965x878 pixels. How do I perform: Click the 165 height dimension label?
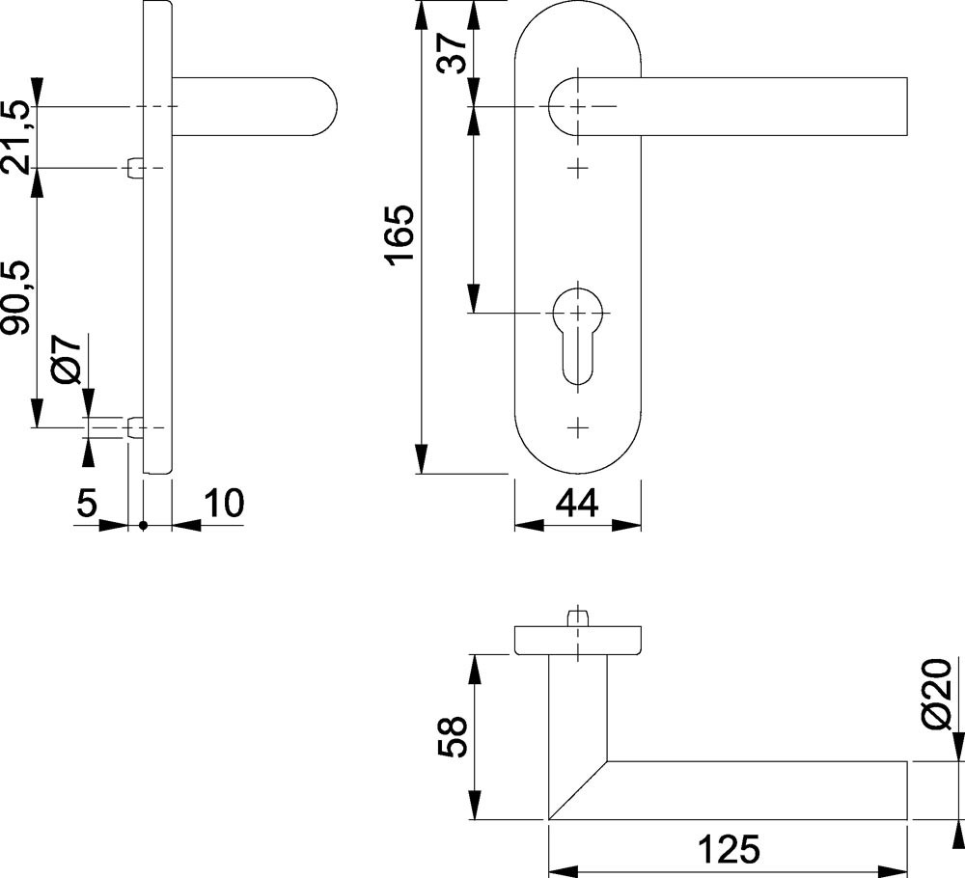(x=400, y=235)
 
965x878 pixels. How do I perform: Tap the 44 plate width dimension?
(x=577, y=504)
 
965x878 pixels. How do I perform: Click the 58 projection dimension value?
(x=453, y=736)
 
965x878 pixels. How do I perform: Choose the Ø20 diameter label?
(x=937, y=694)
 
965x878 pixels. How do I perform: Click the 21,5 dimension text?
(x=15, y=138)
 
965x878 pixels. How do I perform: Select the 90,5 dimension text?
(x=15, y=298)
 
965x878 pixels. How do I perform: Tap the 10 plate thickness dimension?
(x=224, y=504)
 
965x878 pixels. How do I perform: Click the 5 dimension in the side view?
(x=87, y=504)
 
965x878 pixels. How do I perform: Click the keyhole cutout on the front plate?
(x=577, y=338)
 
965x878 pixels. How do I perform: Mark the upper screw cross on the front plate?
(x=577, y=167)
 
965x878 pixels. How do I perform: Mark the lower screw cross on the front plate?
(x=577, y=427)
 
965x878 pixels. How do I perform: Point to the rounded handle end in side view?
(x=323, y=106)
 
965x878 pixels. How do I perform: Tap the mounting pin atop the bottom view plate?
(x=577, y=617)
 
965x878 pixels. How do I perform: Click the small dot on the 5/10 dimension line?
(x=144, y=526)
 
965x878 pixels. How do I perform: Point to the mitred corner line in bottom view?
(x=578, y=790)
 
